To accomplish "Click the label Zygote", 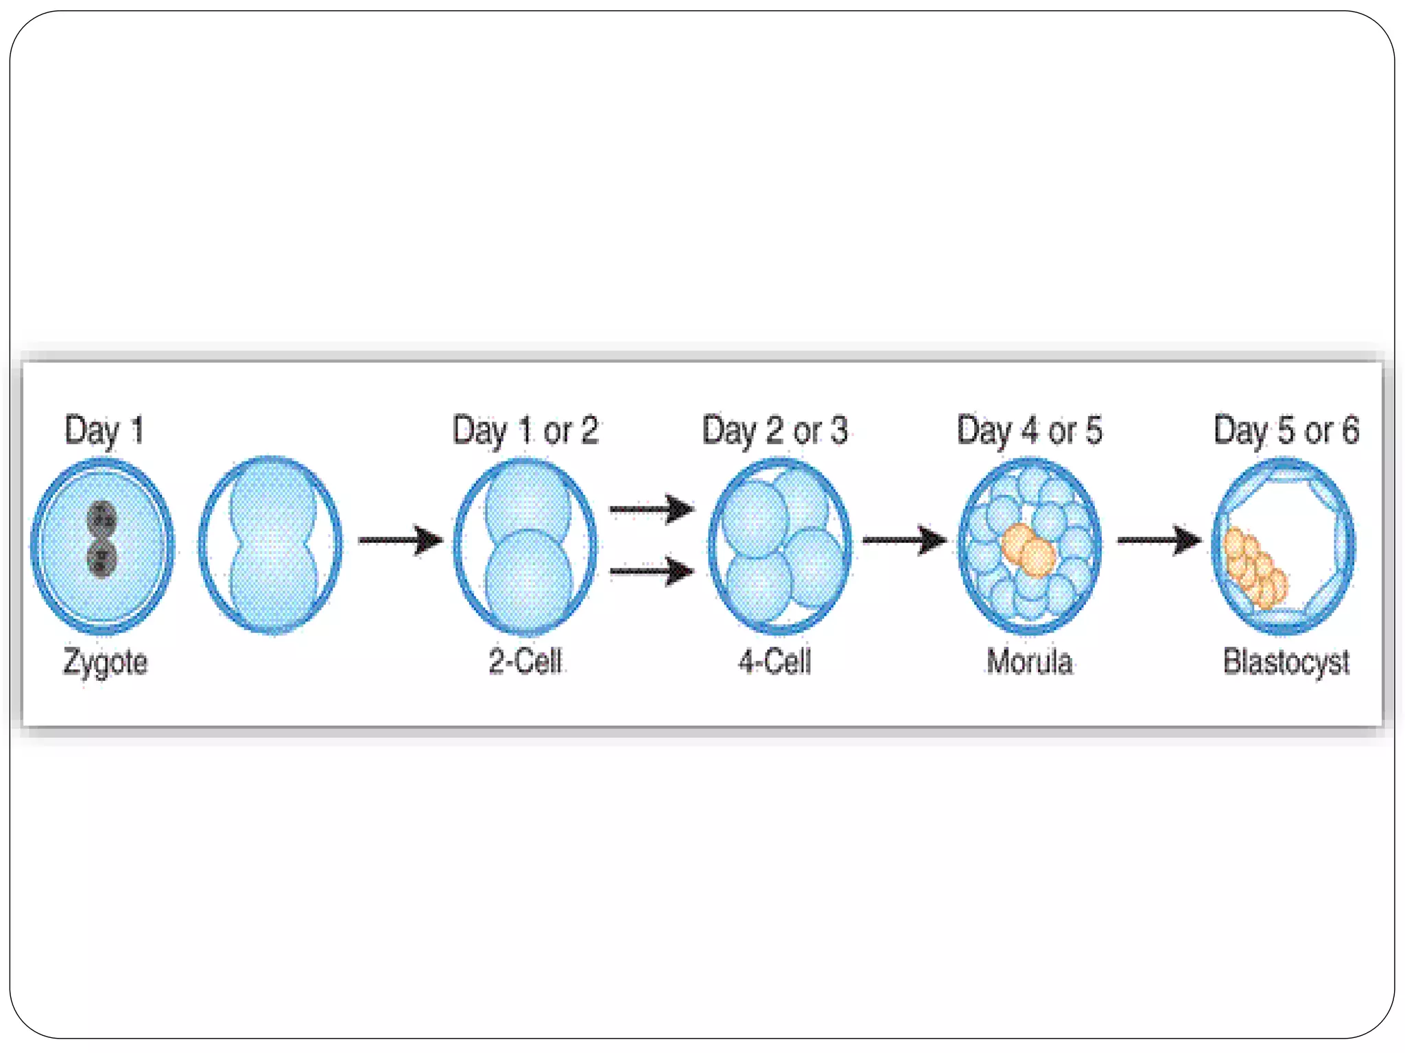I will click(105, 662).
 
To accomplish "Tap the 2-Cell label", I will click(526, 662).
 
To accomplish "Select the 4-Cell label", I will click(775, 662).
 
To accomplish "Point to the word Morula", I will click(1029, 662).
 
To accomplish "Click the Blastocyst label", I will click(1286, 662).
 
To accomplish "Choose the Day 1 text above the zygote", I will click(104, 431).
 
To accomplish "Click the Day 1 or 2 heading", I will click(526, 431).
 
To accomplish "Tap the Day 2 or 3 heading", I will click(775, 431).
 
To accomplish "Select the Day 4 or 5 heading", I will click(1029, 431).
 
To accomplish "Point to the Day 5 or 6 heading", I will click(1286, 431).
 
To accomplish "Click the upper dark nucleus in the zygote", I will click(102, 519).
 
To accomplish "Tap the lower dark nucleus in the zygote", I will click(102, 558).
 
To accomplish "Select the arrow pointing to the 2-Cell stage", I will click(401, 540).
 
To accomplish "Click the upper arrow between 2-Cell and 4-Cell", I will click(652, 509).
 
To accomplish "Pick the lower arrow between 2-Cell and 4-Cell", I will click(652, 571).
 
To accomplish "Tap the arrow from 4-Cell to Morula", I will click(904, 540).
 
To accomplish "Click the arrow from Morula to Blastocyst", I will click(1159, 540).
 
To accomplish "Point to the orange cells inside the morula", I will click(1028, 550).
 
